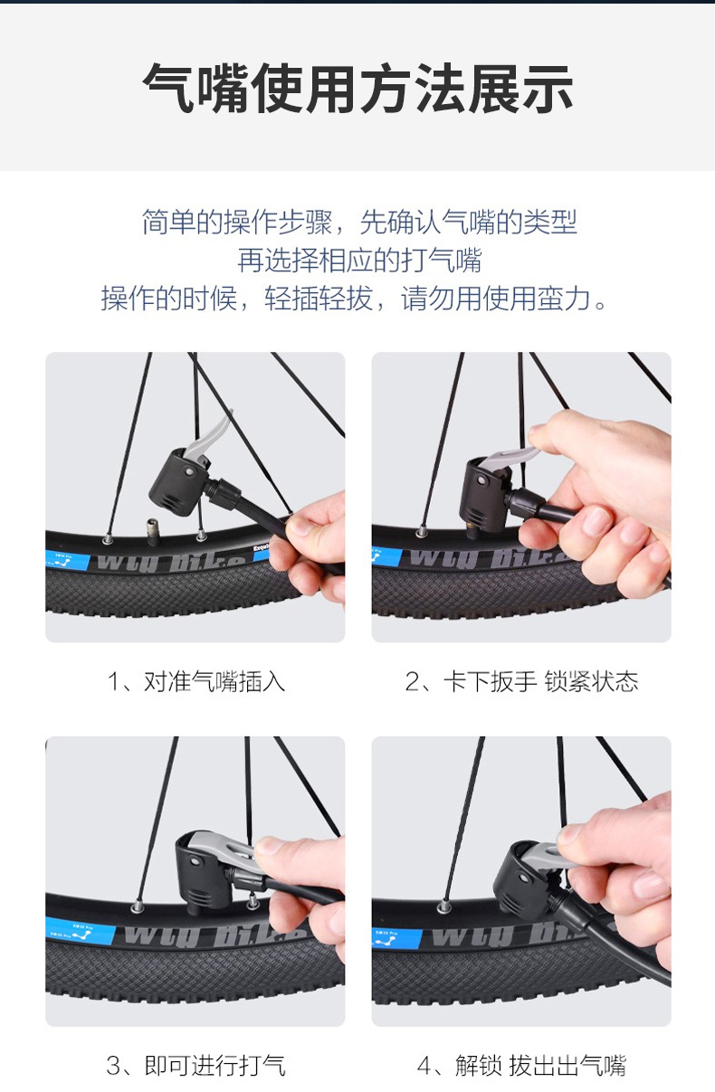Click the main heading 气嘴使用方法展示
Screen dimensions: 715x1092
click(357, 89)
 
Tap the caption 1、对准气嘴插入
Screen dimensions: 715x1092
click(196, 681)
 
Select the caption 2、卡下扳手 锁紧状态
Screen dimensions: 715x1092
click(521, 681)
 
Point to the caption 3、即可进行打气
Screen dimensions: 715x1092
click(196, 1065)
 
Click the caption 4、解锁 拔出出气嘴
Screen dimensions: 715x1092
click(521, 1065)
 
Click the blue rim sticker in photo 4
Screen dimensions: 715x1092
click(396, 938)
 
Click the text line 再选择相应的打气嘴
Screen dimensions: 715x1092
click(359, 260)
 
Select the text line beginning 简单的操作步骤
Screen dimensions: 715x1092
click(359, 222)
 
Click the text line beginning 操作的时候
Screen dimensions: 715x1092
click(355, 299)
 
